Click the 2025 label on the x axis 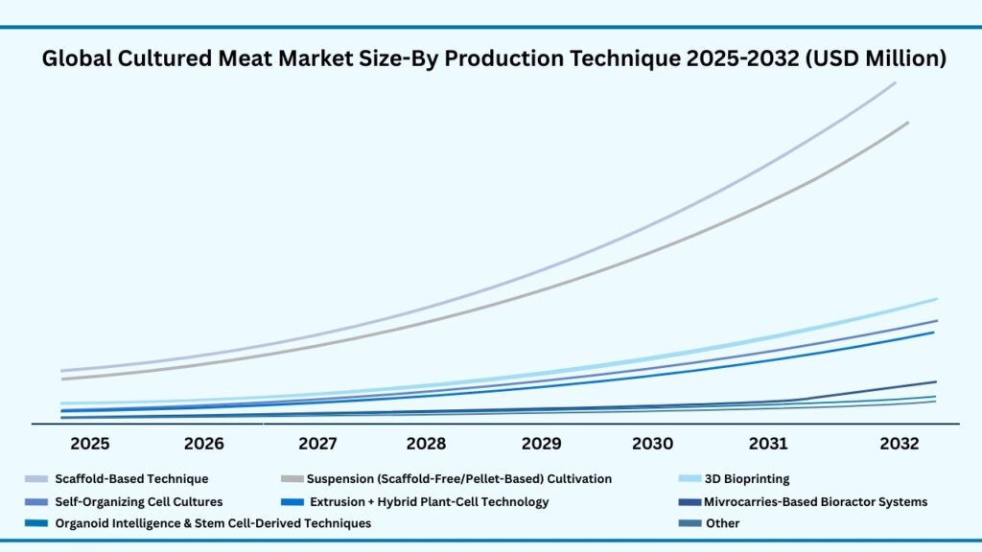click(x=89, y=444)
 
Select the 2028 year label click(x=426, y=444)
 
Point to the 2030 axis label click(x=652, y=444)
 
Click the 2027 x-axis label click(x=317, y=444)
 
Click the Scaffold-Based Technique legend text click(x=131, y=478)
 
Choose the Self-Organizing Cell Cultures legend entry click(x=138, y=501)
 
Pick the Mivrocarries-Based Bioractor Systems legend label click(x=815, y=501)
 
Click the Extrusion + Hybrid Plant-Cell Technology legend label click(x=429, y=501)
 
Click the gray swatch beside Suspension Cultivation click(x=291, y=478)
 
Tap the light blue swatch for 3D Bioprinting click(x=689, y=478)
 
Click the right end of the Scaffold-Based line click(x=895, y=82)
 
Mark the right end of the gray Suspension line click(x=907, y=123)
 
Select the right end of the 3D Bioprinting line click(x=936, y=299)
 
